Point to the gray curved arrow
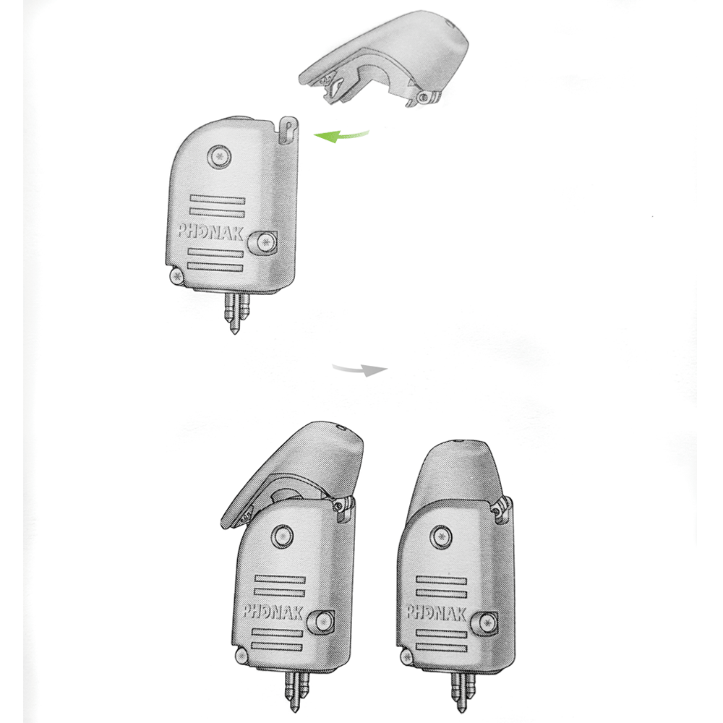[x=359, y=369]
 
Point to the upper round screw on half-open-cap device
[x=281, y=535]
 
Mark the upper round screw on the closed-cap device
[x=439, y=536]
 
